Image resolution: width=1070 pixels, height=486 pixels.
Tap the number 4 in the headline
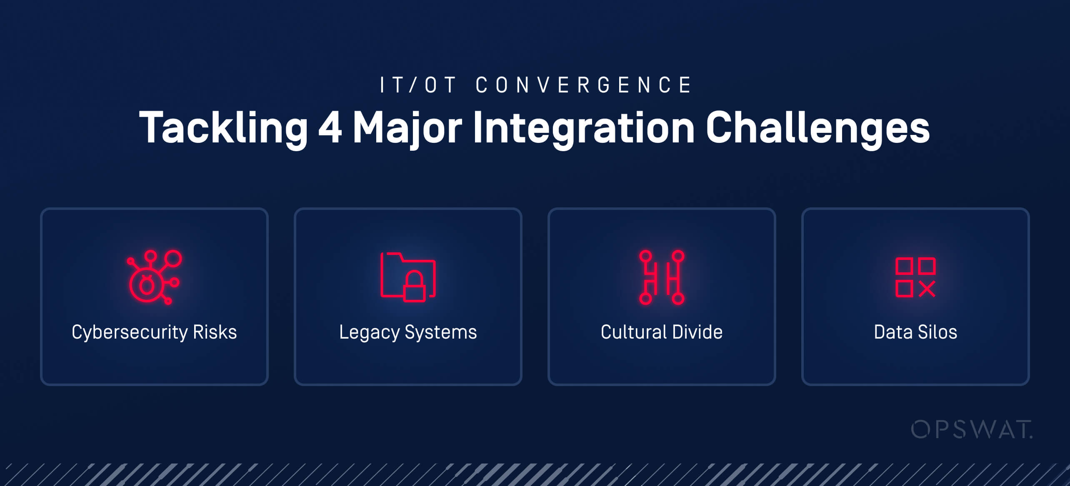click(x=330, y=127)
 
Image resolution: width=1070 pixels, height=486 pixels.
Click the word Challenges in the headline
click(x=817, y=127)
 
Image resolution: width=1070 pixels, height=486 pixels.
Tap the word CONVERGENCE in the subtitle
click(x=583, y=85)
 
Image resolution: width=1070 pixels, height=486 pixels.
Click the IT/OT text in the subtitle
click(x=417, y=85)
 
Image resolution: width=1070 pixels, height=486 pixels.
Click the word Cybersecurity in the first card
click(x=129, y=332)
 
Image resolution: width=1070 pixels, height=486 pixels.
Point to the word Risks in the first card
click(x=215, y=332)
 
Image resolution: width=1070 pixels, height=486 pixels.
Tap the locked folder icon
click(x=407, y=277)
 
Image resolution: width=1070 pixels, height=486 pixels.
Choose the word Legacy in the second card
click(x=369, y=332)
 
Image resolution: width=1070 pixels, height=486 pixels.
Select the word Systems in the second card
click(x=441, y=332)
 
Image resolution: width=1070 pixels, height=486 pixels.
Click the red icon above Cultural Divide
click(x=662, y=277)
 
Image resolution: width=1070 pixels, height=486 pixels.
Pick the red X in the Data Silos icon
click(x=927, y=289)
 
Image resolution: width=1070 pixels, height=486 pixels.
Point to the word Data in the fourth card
click(x=893, y=332)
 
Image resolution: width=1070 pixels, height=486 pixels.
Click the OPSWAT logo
click(x=972, y=430)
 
